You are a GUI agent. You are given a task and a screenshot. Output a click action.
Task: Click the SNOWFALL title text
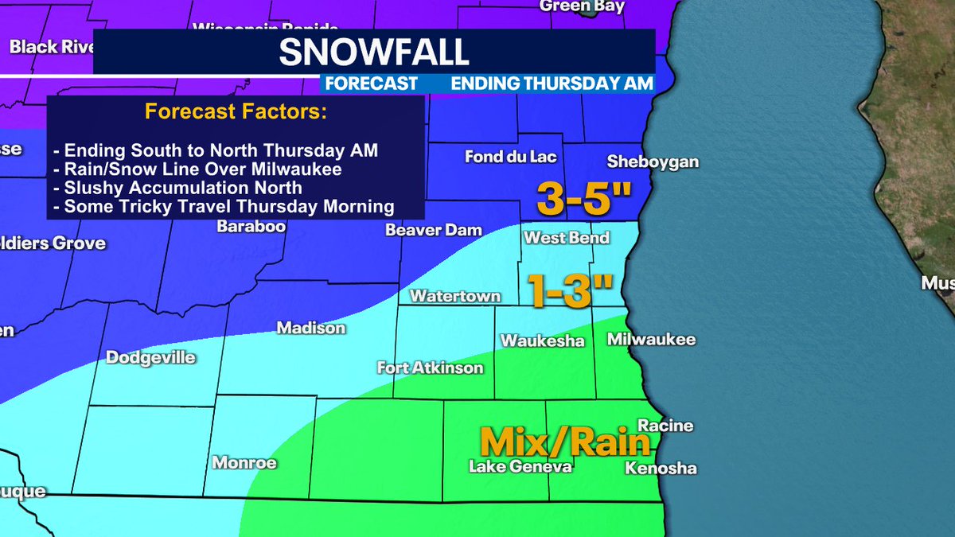click(x=373, y=53)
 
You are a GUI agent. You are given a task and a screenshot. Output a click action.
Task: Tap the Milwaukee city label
click(x=651, y=340)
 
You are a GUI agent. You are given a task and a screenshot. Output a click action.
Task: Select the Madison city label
click(x=311, y=328)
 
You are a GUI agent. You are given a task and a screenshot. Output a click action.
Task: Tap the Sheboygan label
click(x=653, y=161)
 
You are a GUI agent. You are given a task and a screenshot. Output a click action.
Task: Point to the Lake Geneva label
click(x=520, y=467)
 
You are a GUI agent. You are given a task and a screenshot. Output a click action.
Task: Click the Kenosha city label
click(x=661, y=468)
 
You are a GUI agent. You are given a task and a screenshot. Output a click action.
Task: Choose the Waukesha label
click(x=542, y=340)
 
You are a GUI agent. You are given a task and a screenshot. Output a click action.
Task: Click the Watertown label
click(x=455, y=297)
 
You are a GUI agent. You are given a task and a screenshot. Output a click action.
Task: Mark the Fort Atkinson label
click(x=431, y=368)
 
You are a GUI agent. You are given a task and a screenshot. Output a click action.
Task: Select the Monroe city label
click(x=244, y=462)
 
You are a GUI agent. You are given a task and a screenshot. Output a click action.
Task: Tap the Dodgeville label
click(x=150, y=357)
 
